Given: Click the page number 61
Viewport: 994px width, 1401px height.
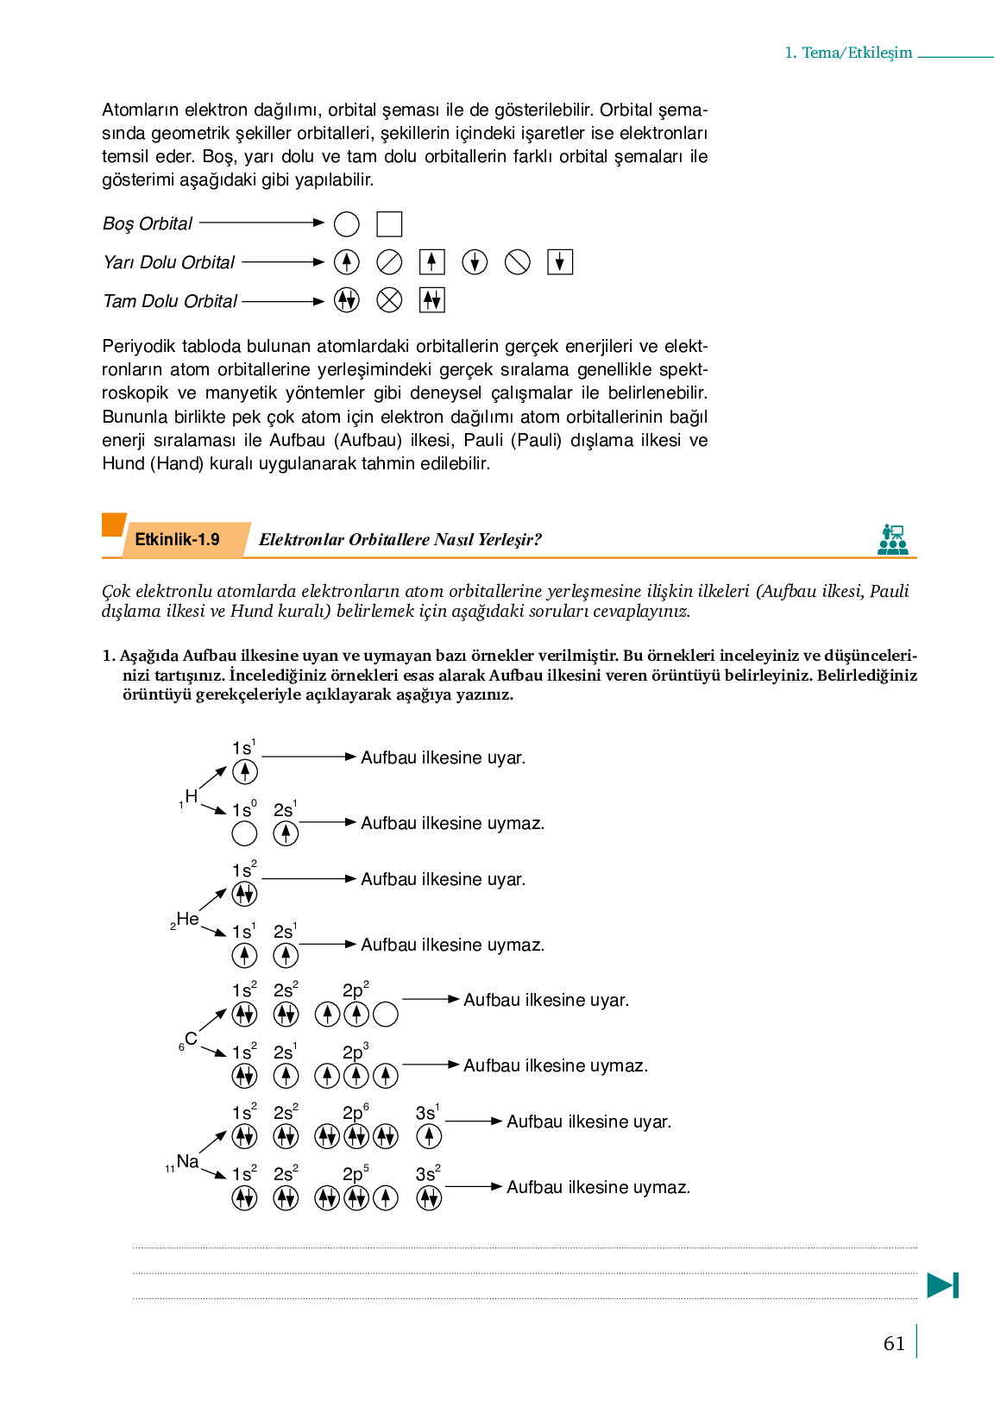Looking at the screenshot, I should point(894,1343).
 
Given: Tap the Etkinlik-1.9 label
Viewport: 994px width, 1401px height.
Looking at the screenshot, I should point(178,539).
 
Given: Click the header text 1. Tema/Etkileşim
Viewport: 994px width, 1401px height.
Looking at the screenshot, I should point(848,53).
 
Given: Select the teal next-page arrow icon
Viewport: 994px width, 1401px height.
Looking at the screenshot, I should point(942,1285).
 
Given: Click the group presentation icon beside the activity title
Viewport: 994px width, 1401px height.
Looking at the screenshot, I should point(892,539).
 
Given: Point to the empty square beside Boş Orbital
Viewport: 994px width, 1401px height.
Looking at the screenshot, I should point(389,224).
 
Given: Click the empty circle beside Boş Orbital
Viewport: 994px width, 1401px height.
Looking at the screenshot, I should point(346,224).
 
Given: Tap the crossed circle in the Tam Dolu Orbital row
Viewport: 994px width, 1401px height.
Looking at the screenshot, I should point(389,300).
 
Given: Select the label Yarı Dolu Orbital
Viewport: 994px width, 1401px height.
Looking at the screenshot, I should point(169,262).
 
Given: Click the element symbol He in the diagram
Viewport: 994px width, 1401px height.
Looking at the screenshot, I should point(187,919).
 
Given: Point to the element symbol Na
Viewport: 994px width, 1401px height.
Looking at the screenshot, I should point(187,1161).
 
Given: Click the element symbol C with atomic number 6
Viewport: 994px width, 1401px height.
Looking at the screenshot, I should point(191,1039).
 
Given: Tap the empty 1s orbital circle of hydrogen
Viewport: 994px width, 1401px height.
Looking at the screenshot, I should point(244,833).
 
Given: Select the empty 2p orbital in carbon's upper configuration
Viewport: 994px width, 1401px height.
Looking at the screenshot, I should point(386,1014).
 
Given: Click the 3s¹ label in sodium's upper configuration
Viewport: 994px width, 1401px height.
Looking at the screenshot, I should point(427,1113).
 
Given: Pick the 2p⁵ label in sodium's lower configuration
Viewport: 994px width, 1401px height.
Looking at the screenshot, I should point(355,1174).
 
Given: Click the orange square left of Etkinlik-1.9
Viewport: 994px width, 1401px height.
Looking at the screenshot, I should point(113,525).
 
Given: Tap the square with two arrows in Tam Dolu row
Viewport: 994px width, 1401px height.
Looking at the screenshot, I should point(431,300).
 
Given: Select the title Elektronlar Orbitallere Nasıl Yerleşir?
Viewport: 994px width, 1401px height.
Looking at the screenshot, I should point(400,540).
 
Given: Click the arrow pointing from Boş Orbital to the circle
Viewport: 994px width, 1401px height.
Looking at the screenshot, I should point(261,223).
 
